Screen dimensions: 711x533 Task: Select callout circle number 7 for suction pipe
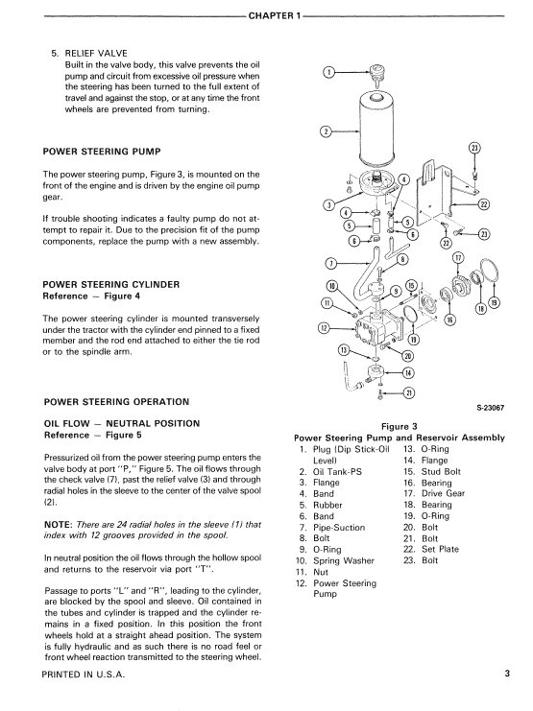(332, 262)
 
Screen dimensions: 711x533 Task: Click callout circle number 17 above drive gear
(458, 258)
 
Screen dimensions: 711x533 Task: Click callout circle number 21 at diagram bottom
(409, 392)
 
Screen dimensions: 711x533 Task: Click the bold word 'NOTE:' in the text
(61, 524)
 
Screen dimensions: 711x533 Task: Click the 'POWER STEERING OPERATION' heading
(116, 401)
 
